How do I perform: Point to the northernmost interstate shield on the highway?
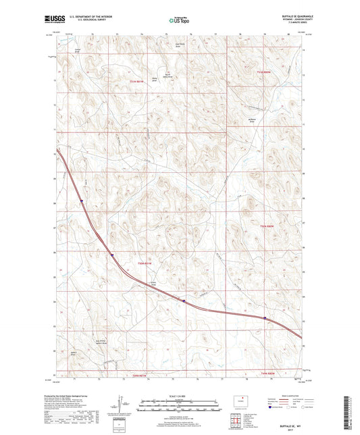[81, 201]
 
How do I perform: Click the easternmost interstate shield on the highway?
[265, 318]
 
